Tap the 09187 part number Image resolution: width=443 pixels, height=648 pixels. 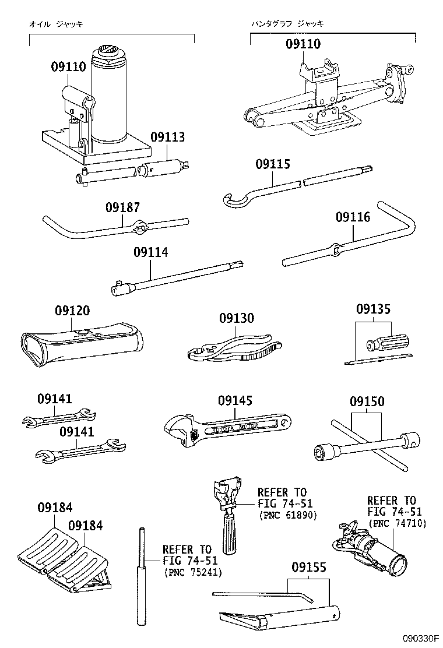[122, 207]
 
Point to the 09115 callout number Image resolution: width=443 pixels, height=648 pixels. [272, 164]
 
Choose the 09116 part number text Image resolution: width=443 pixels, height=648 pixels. [353, 217]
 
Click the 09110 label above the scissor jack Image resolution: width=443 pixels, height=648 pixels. [303, 44]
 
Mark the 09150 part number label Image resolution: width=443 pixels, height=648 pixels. [367, 402]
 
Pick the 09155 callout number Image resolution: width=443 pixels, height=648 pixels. [309, 567]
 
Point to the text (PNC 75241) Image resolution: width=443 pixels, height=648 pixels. [192, 572]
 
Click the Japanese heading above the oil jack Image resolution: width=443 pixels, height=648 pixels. [56, 24]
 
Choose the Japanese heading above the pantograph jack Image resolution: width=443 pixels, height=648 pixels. [287, 24]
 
